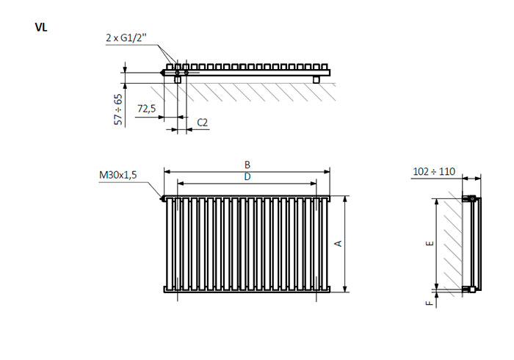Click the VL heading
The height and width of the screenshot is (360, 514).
[41, 27]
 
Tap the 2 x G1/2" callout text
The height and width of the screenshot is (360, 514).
[126, 38]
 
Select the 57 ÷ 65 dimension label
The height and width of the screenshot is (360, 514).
[119, 109]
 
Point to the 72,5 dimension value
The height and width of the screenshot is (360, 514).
[147, 108]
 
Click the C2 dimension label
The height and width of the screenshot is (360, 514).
[202, 123]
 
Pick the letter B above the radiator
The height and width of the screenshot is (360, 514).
[247, 165]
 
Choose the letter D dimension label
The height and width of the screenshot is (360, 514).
[247, 177]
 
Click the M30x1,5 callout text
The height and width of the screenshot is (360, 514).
[117, 175]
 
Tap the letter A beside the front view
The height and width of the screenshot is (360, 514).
[338, 243]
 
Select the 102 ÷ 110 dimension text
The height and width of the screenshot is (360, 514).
[434, 171]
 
